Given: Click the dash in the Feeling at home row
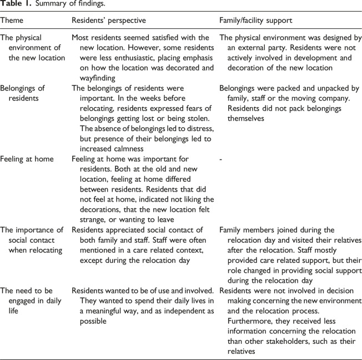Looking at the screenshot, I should [x=222, y=158].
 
